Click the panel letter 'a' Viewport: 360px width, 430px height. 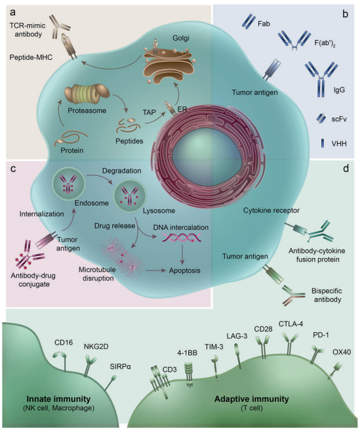13,12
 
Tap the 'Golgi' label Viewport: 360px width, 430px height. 181,38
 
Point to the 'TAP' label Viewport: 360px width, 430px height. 149,112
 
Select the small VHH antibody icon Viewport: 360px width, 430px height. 323,143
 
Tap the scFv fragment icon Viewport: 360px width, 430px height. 321,118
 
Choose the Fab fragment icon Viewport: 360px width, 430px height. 249,22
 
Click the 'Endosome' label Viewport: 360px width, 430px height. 92,203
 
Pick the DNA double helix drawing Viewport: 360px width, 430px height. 182,237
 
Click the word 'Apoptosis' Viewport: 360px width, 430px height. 184,270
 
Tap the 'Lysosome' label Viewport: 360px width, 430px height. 159,211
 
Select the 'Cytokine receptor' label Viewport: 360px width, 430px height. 271,210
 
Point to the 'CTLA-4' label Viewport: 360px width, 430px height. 290,324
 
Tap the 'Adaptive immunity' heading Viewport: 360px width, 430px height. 252,398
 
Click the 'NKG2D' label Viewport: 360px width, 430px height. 96,347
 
